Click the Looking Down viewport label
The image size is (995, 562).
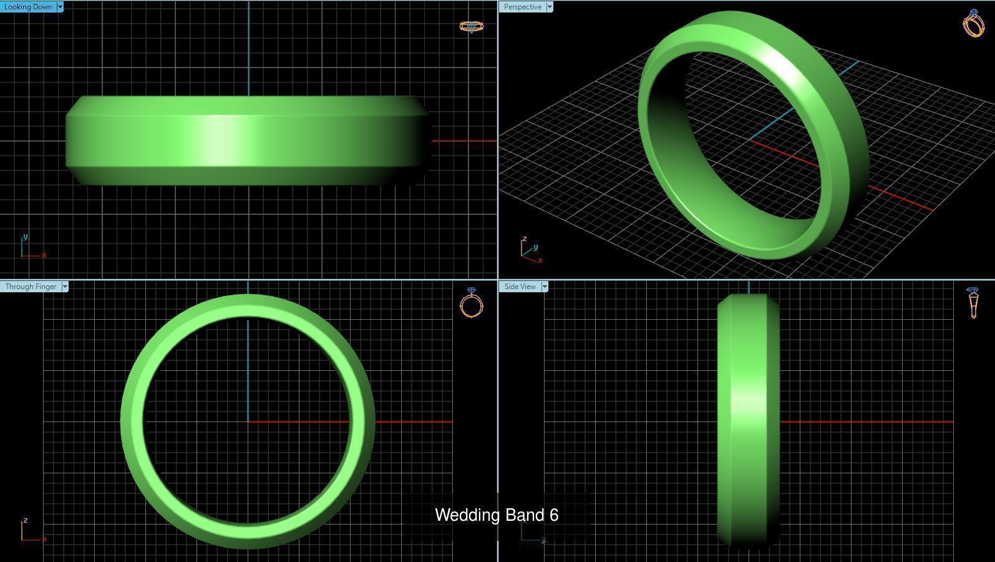tap(28, 7)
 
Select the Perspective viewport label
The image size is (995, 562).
tap(522, 7)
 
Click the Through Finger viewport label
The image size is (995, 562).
tap(31, 287)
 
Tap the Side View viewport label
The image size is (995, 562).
tap(520, 287)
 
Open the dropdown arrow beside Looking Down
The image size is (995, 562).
tap(60, 7)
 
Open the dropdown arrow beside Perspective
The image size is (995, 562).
tap(550, 7)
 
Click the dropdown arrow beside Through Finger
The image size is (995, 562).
tap(65, 287)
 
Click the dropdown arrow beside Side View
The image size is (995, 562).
tap(545, 287)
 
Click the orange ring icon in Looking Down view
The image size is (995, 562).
tap(471, 26)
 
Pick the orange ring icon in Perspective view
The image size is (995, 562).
tap(974, 23)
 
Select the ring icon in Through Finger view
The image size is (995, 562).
tap(472, 303)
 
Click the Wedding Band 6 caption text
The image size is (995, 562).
tap(497, 515)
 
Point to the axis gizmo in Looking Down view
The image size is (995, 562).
tap(31, 247)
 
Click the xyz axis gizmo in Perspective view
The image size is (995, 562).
tap(530, 250)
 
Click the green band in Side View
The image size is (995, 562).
tap(748, 418)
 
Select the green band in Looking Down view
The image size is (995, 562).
tap(247, 140)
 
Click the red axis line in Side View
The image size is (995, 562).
tap(867, 422)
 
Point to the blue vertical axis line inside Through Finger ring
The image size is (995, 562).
tap(248, 368)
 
